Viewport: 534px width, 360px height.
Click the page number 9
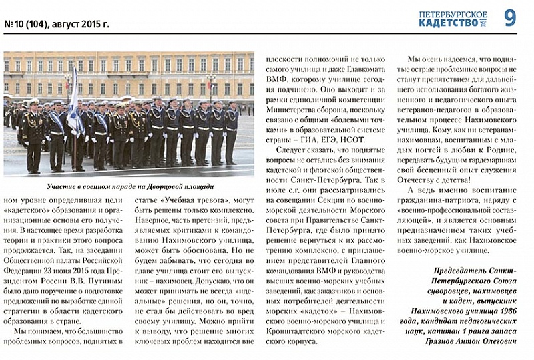pos(510,18)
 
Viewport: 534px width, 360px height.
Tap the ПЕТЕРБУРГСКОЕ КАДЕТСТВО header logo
pos(453,19)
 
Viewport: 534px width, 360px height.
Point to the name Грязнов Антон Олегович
pos(470,341)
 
